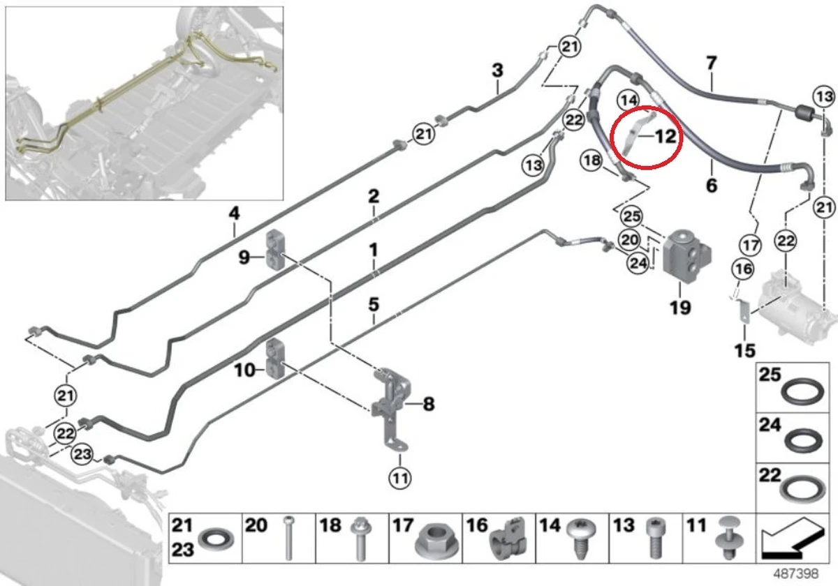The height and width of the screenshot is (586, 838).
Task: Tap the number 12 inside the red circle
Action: [x=666, y=137]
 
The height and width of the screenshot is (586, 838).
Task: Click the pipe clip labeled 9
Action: [x=275, y=249]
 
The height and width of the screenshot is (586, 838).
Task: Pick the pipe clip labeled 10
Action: [x=275, y=358]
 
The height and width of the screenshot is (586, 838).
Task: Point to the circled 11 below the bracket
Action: [x=400, y=478]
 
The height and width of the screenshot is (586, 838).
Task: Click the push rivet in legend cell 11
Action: [x=728, y=537]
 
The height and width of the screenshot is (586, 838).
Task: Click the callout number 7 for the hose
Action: [x=712, y=63]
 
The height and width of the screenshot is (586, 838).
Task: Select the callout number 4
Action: [x=234, y=213]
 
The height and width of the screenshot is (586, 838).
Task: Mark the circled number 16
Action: [x=743, y=269]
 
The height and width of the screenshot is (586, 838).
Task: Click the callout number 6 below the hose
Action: [x=712, y=186]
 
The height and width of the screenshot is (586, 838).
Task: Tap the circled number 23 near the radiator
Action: [x=82, y=454]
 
